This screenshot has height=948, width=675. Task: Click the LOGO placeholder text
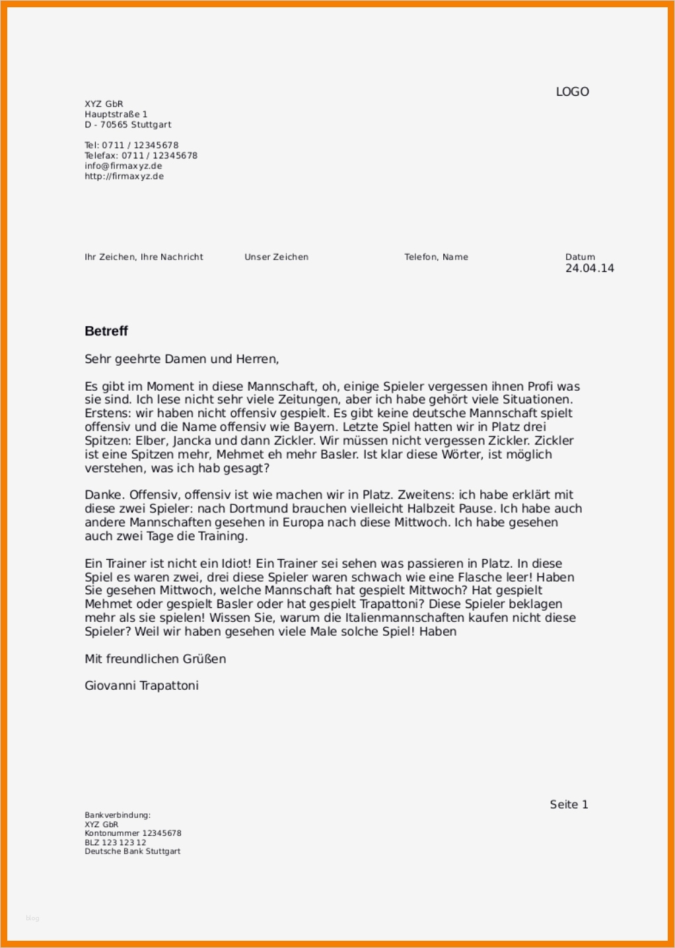pyautogui.click(x=572, y=92)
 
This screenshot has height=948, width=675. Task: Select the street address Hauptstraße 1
pyautogui.click(x=116, y=114)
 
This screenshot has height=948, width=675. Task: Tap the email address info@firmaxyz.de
pyautogui.click(x=123, y=166)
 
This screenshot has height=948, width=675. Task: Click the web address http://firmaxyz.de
pyautogui.click(x=124, y=176)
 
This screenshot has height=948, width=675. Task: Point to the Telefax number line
pyautogui.click(x=141, y=156)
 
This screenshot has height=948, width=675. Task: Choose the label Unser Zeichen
pyautogui.click(x=276, y=257)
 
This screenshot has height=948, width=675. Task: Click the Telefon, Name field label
pyautogui.click(x=436, y=257)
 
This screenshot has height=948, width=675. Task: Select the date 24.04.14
pyautogui.click(x=589, y=268)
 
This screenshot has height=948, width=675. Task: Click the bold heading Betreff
pyautogui.click(x=106, y=331)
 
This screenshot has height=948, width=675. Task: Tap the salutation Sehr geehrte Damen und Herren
pyautogui.click(x=182, y=359)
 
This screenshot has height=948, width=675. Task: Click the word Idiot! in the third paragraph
pyautogui.click(x=231, y=563)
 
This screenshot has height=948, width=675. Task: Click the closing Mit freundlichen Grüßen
pyautogui.click(x=155, y=659)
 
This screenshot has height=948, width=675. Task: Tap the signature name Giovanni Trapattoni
pyautogui.click(x=141, y=686)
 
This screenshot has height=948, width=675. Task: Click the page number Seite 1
pyautogui.click(x=569, y=804)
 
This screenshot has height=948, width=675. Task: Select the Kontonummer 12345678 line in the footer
pyautogui.click(x=133, y=833)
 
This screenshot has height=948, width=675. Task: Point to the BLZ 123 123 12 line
pyautogui.click(x=115, y=842)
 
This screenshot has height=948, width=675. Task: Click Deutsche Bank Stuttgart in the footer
pyautogui.click(x=132, y=852)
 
